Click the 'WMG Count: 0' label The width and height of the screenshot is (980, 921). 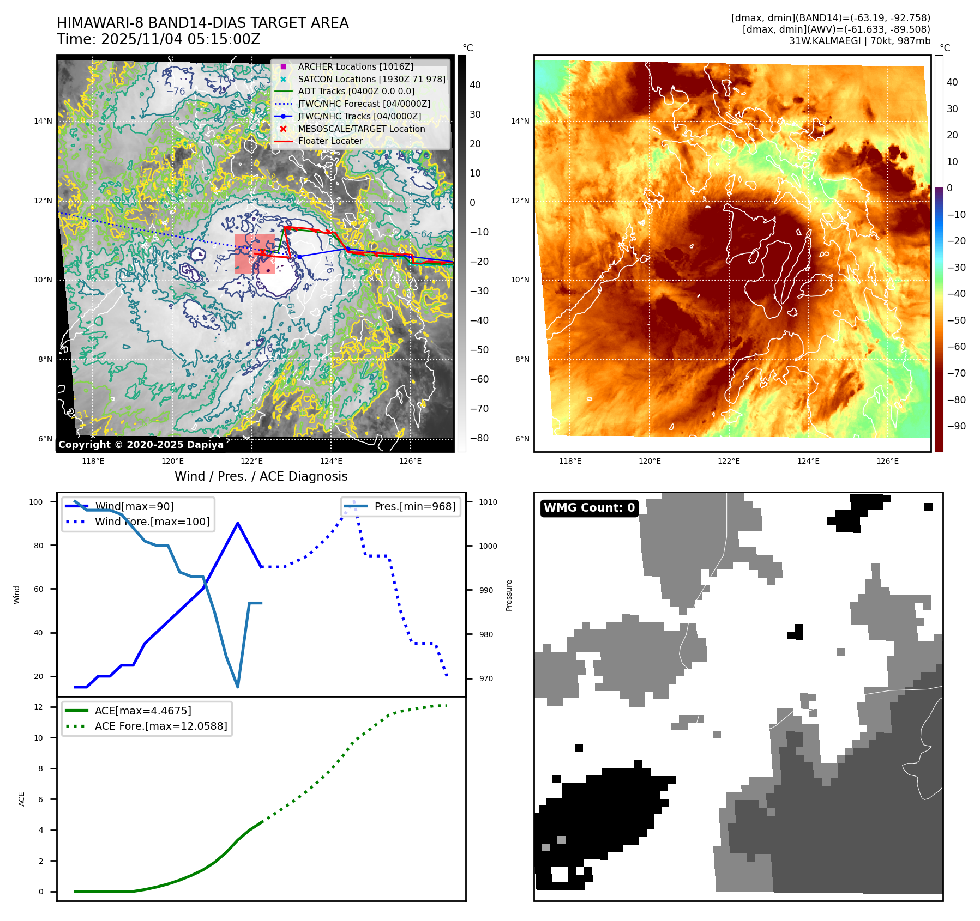point(589,508)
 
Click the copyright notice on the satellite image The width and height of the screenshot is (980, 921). point(141,445)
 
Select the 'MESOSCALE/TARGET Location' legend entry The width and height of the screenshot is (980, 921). point(361,129)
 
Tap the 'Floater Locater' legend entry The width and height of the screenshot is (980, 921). point(330,141)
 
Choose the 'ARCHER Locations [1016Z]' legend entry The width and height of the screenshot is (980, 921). point(356,66)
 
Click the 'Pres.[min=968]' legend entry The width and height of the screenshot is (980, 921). point(414,506)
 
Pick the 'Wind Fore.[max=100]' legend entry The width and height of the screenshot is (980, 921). point(152,522)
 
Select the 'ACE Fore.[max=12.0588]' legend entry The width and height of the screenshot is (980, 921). point(160,726)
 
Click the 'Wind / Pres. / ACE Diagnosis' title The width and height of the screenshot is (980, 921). point(261,476)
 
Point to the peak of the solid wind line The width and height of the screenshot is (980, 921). point(238,523)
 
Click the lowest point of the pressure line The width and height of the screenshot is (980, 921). point(238,687)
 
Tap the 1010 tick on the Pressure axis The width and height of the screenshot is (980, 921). point(488,502)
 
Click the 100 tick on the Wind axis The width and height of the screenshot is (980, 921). point(36,502)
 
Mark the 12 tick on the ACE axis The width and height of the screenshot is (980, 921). point(38,707)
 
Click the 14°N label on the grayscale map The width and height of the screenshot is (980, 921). point(43,121)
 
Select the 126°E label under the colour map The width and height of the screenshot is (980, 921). point(887,461)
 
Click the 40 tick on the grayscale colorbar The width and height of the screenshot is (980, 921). point(475,85)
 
